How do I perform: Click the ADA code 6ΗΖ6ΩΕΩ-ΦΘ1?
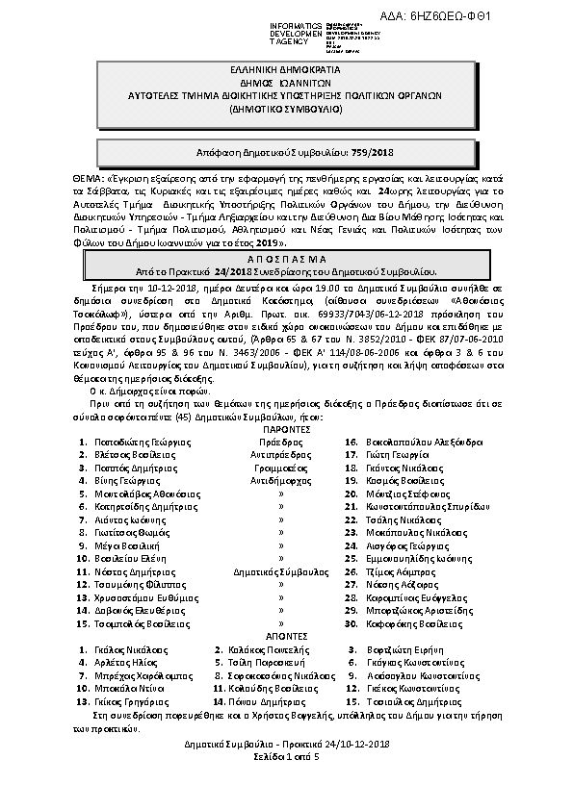[502, 17]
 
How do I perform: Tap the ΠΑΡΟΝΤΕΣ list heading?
[286, 429]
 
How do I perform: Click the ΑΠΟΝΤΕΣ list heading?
[286, 636]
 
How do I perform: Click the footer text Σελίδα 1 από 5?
[286, 757]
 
